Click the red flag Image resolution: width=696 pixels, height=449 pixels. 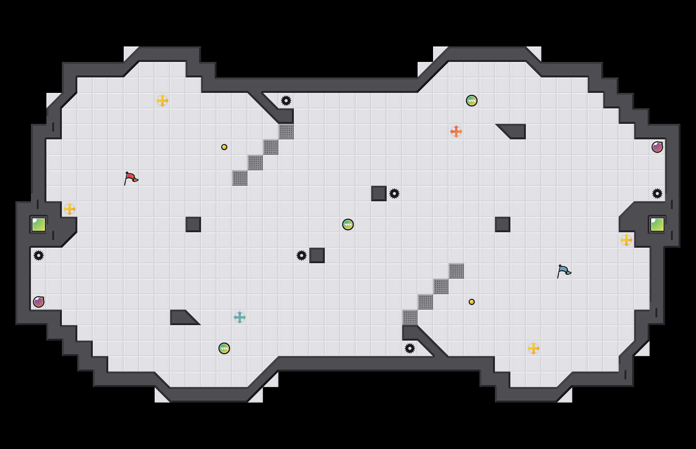[131, 178]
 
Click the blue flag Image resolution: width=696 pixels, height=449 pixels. [564, 271]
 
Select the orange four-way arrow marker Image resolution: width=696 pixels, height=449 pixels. [456, 132]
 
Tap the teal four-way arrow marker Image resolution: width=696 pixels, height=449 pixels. [240, 317]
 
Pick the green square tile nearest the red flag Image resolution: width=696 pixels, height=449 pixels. [39, 224]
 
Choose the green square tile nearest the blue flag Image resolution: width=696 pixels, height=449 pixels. [657, 224]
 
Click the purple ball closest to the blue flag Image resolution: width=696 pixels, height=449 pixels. [657, 147]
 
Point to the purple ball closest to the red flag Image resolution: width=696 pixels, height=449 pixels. [39, 302]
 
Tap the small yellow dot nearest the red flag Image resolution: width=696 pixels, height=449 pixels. [224, 147]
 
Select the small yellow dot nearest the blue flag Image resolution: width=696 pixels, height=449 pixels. [472, 302]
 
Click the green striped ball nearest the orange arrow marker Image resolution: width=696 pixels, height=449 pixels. [472, 101]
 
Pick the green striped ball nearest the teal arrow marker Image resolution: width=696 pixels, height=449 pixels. [224, 348]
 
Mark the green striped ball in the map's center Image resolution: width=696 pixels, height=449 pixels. [348, 224]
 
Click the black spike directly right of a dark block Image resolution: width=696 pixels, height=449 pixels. [394, 194]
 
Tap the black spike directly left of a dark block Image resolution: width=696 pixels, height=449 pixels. [302, 255]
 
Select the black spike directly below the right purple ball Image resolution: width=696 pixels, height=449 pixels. [657, 194]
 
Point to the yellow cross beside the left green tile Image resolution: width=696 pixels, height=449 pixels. [70, 209]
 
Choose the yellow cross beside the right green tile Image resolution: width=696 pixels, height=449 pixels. [626, 240]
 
